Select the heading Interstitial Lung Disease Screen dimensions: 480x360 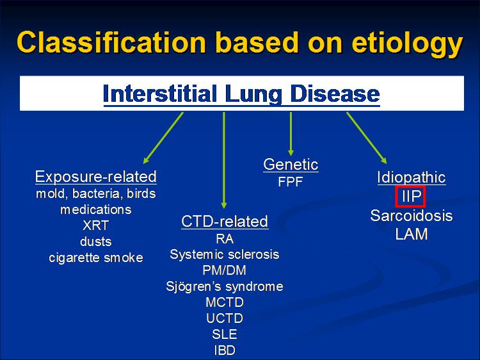click(x=241, y=94)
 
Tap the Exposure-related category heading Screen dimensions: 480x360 click(x=96, y=177)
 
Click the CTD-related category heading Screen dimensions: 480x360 click(x=225, y=221)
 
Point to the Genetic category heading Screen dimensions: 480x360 click(x=291, y=165)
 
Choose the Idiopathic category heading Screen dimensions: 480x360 click(x=412, y=177)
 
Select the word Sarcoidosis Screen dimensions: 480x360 click(x=412, y=215)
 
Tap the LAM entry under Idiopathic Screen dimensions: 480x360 click(x=412, y=234)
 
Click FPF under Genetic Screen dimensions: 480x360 click(x=291, y=182)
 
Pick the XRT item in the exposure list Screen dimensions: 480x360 click(x=95, y=225)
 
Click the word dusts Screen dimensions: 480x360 click(x=95, y=241)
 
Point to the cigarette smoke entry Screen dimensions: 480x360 click(x=96, y=258)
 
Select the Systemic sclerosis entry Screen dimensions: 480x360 click(x=225, y=254)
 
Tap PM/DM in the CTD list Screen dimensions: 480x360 click(x=225, y=270)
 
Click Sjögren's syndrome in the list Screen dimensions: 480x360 click(x=225, y=286)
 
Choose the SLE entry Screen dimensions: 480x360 click(x=225, y=334)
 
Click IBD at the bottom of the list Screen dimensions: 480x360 click(x=225, y=350)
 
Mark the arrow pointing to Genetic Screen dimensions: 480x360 click(x=291, y=134)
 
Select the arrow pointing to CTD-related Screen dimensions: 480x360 click(x=224, y=160)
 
